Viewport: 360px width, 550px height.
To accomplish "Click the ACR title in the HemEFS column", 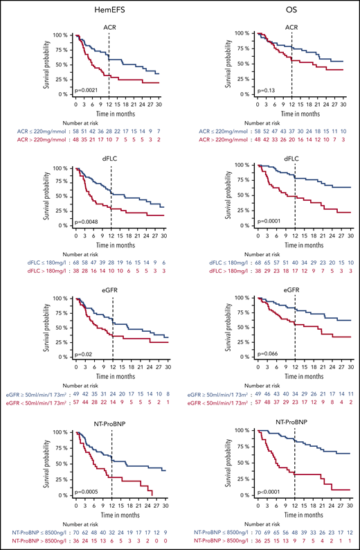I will tap(109, 25).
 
